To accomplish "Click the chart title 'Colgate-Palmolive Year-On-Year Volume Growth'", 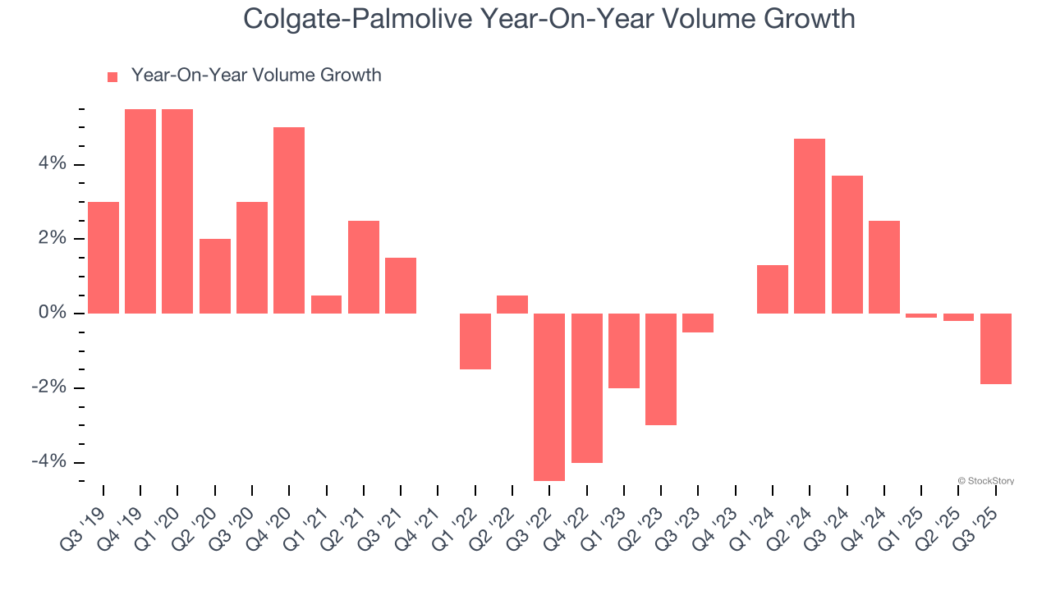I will (x=548, y=18).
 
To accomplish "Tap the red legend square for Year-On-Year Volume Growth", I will (x=112, y=76).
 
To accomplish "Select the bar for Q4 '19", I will (x=140, y=211).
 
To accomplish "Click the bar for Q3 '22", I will (x=549, y=396).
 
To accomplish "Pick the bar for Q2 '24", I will (x=810, y=226).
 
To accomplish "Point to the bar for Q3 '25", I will (x=996, y=349).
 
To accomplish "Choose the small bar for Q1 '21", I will (x=326, y=305).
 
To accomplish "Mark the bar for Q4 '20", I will (x=289, y=220).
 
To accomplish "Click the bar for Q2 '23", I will (x=661, y=369).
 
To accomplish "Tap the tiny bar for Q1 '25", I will (x=921, y=315).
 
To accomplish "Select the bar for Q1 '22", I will (x=475, y=341).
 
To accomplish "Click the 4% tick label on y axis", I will (x=51, y=164).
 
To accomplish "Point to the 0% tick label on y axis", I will (x=51, y=314).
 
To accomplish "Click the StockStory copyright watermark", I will (x=985, y=481).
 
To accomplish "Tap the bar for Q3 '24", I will (x=847, y=245).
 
